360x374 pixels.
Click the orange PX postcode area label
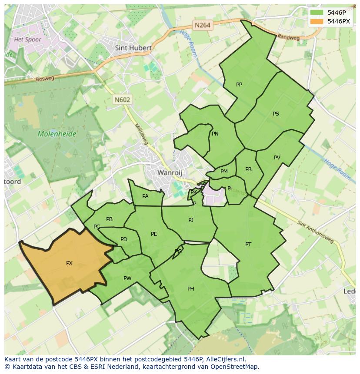(x=69, y=263)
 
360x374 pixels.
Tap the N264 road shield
(x=203, y=25)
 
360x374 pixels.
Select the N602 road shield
(x=122, y=99)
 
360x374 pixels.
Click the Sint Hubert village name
(x=133, y=48)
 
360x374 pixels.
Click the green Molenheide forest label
(x=57, y=134)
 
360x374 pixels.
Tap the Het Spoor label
(x=27, y=40)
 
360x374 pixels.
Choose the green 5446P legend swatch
(x=317, y=13)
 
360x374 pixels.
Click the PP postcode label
(x=239, y=84)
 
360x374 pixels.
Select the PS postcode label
(x=276, y=114)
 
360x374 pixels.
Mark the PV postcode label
(x=277, y=158)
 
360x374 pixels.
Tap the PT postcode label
(x=248, y=245)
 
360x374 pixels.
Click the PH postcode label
(x=190, y=289)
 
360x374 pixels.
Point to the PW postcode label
(x=127, y=278)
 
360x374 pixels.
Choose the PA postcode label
(x=145, y=196)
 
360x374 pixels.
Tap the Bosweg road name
(x=45, y=79)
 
